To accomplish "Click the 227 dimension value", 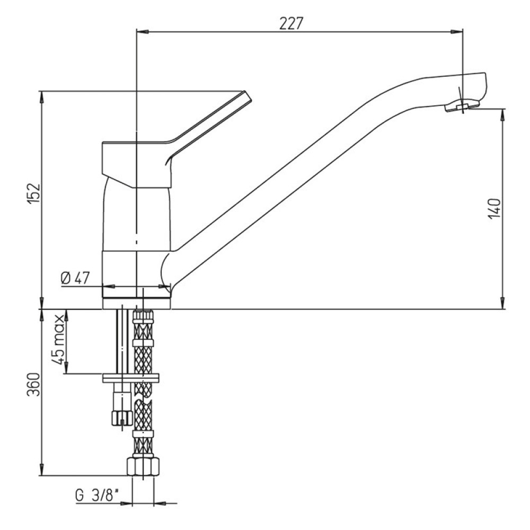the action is (290, 23).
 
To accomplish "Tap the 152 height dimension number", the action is (34, 193).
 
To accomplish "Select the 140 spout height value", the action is (494, 208).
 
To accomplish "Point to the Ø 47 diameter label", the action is (75, 278).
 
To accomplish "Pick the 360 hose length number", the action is (34, 384).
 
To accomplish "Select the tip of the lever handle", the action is (248, 95).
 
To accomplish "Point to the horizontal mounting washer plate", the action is (130, 378).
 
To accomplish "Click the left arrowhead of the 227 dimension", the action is (143, 32).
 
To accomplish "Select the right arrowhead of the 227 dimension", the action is (456, 32).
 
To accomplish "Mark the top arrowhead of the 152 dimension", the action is (41, 98).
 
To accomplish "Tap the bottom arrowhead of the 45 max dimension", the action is (66, 367).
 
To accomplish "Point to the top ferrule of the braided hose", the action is (143, 315).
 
